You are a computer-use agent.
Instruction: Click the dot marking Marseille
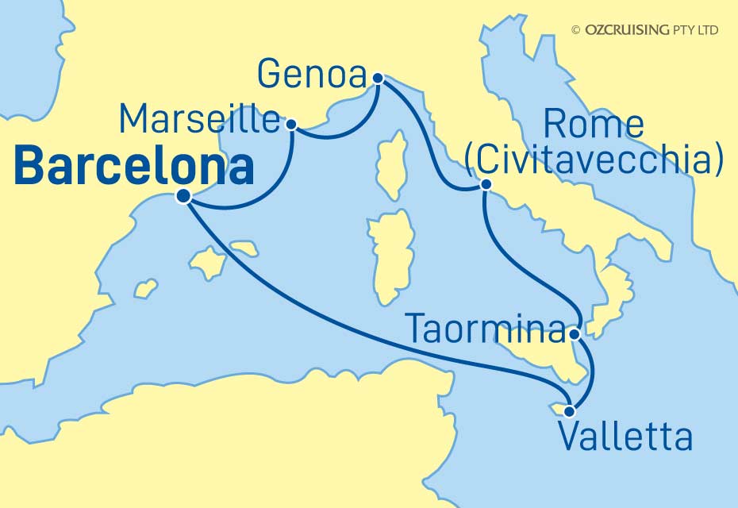point(291,124)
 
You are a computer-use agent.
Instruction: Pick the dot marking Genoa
point(378,78)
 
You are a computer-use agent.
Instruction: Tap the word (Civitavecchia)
point(594,161)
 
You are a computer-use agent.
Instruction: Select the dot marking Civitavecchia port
point(485,186)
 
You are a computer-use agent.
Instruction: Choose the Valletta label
point(625,437)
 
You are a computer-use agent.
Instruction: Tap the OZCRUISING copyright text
point(644,30)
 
